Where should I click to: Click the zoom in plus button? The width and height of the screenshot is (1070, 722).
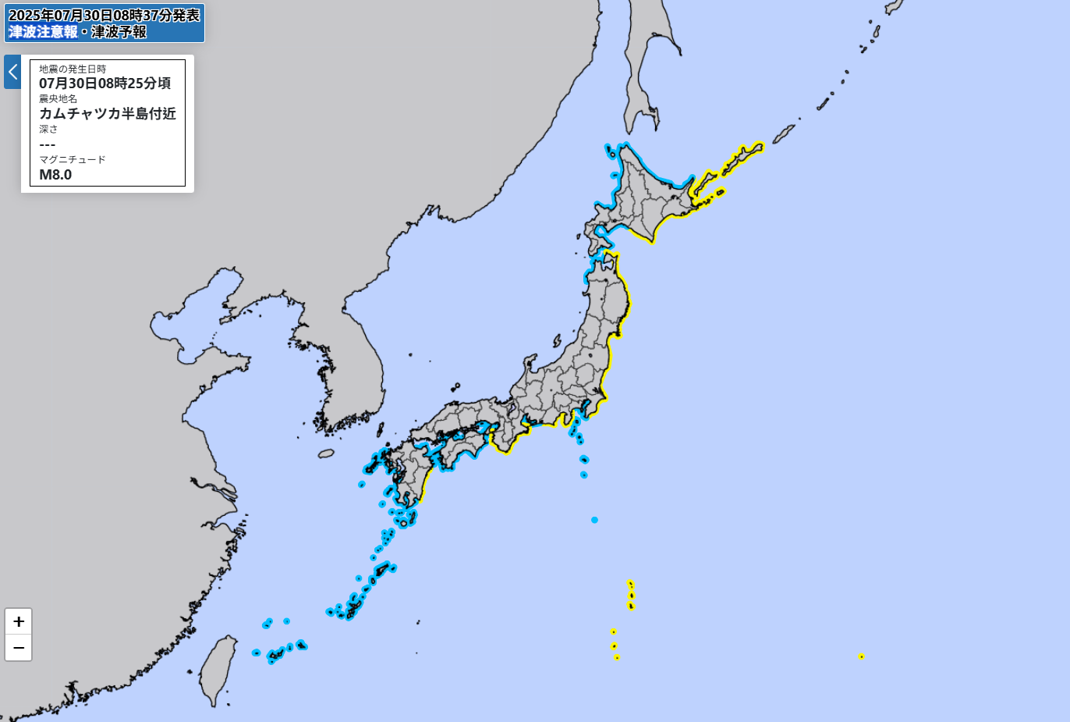[x=19, y=621]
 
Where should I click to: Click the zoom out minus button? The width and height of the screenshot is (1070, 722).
[x=19, y=648]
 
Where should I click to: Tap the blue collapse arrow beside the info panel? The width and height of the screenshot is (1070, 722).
[x=12, y=72]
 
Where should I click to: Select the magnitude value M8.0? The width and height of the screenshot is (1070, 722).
[x=55, y=175]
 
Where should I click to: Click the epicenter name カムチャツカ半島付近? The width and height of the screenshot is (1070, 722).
[x=108, y=114]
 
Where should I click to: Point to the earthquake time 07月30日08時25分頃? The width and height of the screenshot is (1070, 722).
[x=105, y=84]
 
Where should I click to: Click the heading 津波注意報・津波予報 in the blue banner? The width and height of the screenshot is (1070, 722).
[x=78, y=32]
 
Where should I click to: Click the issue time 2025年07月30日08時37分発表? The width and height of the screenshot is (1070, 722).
[x=105, y=16]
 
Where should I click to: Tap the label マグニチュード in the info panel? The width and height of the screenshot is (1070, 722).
[x=73, y=159]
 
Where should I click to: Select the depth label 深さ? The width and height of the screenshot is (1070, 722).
[x=48, y=130]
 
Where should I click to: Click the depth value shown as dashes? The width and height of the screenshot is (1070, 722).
[x=48, y=144]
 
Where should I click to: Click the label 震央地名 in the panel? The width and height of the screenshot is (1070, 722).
[x=58, y=99]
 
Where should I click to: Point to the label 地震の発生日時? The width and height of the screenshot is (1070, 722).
[x=73, y=69]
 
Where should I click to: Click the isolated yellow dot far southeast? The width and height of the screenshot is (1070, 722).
[x=861, y=656]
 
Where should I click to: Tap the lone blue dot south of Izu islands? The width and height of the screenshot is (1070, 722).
[x=594, y=520]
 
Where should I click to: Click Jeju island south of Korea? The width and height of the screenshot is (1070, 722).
[x=326, y=453]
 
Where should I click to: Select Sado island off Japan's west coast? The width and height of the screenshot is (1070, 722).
[x=557, y=341]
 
